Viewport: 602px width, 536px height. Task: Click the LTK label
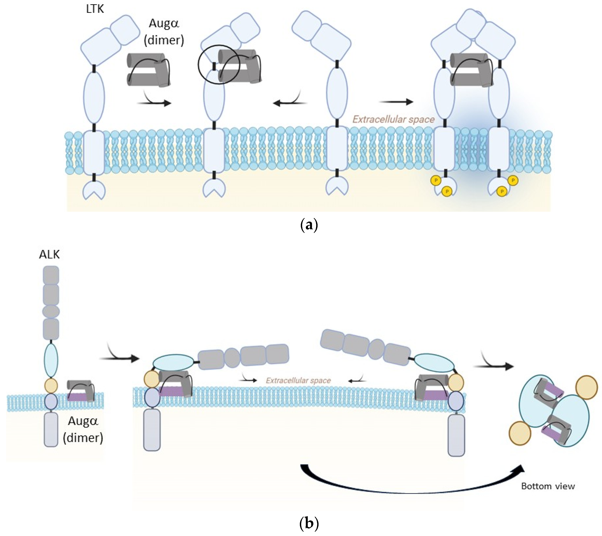coord(95,9)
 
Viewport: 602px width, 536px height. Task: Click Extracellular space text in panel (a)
coord(393,119)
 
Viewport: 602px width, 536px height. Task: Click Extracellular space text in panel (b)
coord(298,381)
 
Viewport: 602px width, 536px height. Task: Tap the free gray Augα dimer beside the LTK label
coord(149,70)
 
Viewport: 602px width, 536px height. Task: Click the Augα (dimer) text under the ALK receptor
coord(83,429)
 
